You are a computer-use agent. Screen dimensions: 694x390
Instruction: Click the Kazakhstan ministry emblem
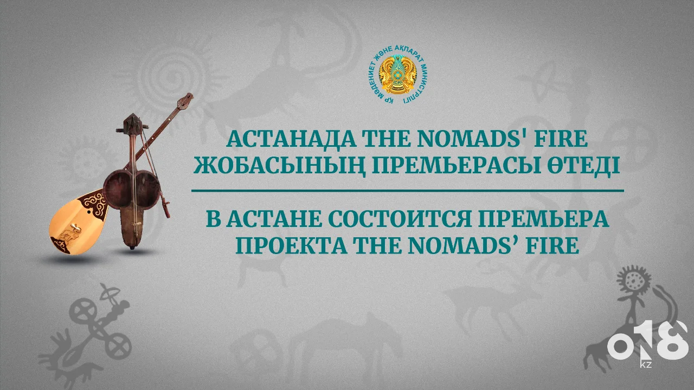pyautogui.click(x=398, y=75)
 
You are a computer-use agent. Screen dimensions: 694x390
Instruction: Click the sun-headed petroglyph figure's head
pyautogui.click(x=634, y=281)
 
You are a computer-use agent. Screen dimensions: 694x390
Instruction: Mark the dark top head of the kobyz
pyautogui.click(x=133, y=123)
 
